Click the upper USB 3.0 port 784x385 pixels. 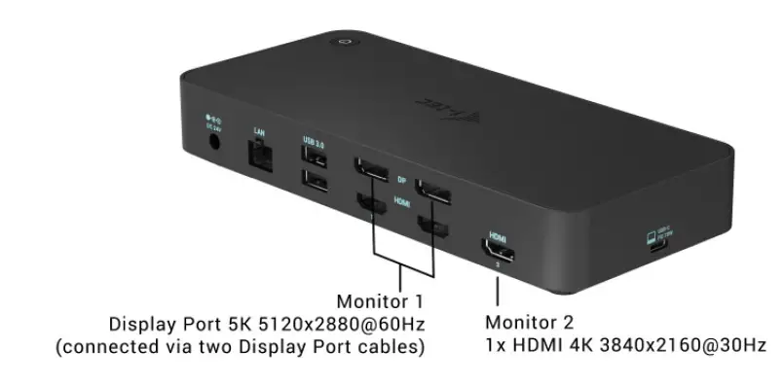point(314,158)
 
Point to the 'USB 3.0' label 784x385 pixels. point(314,142)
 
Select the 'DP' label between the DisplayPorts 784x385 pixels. point(401,181)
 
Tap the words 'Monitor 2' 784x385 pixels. point(529,322)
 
